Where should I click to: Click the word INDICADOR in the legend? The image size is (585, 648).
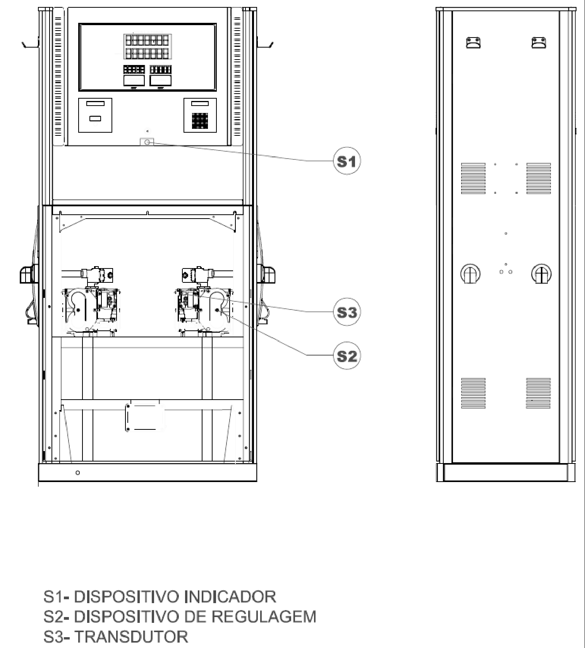pos(230,597)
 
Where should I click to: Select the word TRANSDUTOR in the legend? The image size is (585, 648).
pos(131,636)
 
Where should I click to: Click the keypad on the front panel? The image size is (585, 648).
pos(200,121)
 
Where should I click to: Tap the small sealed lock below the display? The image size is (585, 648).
pos(147,142)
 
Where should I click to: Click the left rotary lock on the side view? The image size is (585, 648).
pos(470,274)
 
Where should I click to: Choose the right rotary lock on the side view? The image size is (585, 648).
pos(541,274)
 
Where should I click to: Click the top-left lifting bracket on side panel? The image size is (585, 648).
pos(473,42)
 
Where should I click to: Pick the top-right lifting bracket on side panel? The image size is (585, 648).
pos(539,42)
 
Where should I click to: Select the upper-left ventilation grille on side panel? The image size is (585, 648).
pos(473,178)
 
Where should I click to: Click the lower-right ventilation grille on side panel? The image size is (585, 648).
pos(539,393)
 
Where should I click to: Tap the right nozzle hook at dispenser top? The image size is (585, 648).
pos(265,44)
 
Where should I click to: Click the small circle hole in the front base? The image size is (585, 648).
pos(78,473)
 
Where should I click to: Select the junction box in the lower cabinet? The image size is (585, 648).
pos(144,417)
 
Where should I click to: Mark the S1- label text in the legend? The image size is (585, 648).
pos(56,597)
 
